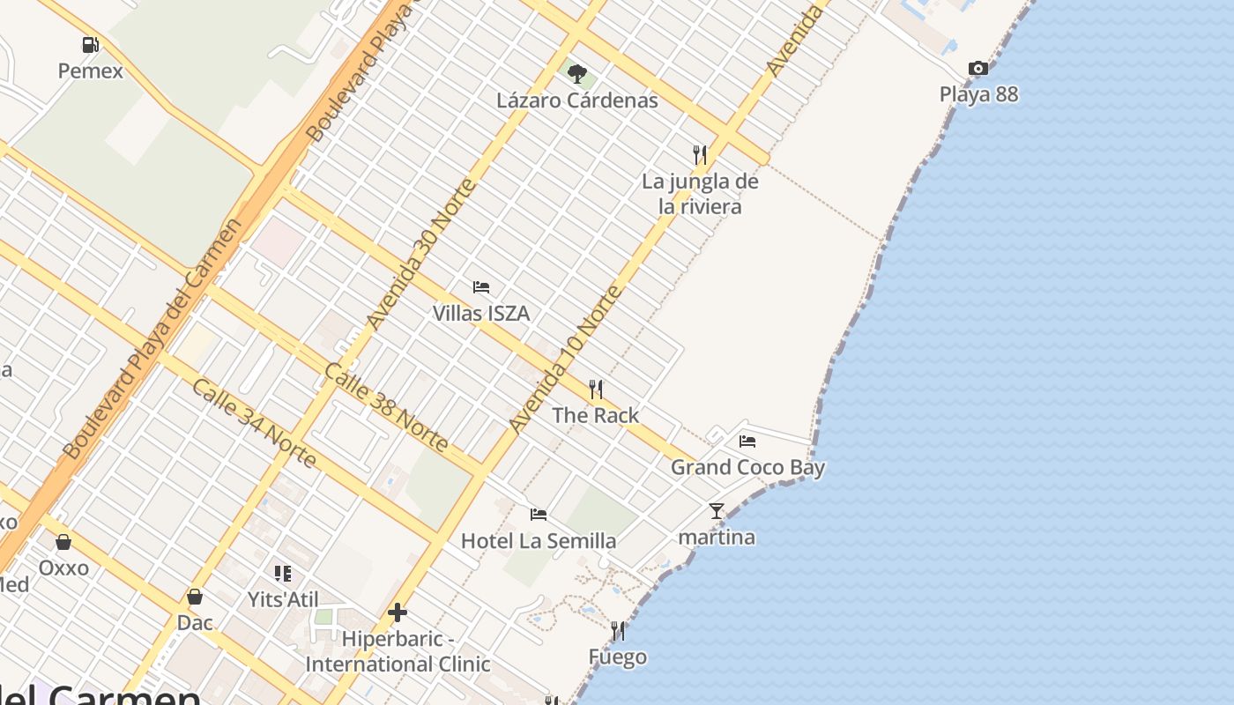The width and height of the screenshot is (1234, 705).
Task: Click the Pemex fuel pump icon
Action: tap(90, 44)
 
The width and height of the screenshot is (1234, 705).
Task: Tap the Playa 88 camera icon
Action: tap(978, 68)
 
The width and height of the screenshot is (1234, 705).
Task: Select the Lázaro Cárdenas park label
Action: tap(576, 100)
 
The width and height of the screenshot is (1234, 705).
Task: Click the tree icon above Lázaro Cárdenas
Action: tap(576, 73)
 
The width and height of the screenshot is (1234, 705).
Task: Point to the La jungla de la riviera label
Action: tap(700, 194)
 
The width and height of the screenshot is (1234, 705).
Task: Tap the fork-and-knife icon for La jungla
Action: tap(700, 155)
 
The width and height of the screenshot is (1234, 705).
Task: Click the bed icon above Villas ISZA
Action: tap(481, 287)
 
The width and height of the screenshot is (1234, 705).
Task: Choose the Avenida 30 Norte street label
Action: tap(421, 254)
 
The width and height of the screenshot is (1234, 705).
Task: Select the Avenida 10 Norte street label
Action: tap(565, 360)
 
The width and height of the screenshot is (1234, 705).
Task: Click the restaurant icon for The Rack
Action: tap(596, 389)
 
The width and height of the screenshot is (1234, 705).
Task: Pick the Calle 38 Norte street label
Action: tap(386, 407)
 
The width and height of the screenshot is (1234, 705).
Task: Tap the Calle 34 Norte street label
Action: tap(254, 423)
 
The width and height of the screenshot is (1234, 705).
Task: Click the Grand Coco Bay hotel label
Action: tap(747, 467)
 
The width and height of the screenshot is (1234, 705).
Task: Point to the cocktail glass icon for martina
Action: tap(717, 510)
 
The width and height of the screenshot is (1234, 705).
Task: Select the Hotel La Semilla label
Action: tap(539, 540)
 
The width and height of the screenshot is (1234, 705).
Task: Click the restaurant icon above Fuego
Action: tap(618, 630)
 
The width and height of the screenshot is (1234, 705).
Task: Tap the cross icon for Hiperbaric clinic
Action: tap(398, 612)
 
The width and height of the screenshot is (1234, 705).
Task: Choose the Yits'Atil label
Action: tap(282, 599)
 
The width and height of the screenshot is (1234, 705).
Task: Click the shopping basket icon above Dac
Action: tap(195, 597)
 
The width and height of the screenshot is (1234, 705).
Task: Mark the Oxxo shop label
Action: tap(63, 568)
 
